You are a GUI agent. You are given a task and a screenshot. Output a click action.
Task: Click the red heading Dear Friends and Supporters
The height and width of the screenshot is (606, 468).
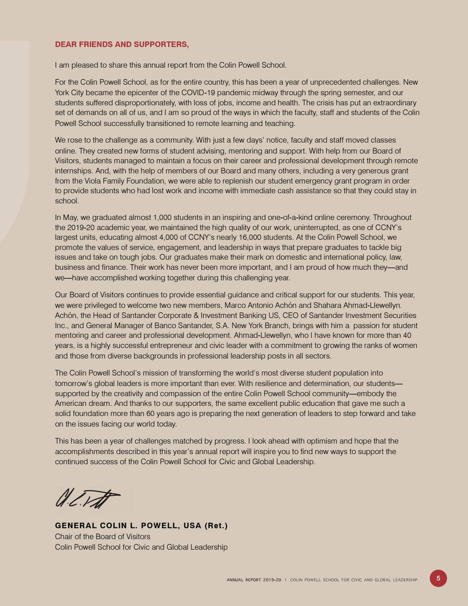click(x=122, y=45)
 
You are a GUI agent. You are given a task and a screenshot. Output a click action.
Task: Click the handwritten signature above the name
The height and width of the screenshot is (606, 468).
click(x=87, y=498)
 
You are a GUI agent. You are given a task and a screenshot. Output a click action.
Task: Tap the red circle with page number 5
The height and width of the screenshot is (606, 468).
click(x=438, y=578)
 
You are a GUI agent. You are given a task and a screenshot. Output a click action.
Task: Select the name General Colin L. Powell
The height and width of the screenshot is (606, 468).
click(x=141, y=526)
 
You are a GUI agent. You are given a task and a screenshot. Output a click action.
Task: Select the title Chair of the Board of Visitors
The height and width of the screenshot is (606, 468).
click(x=102, y=536)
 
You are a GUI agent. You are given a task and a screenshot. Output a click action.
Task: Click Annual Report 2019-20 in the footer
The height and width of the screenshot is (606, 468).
click(x=253, y=580)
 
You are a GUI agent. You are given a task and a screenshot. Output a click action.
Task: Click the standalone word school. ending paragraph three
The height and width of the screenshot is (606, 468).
click(x=67, y=201)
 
